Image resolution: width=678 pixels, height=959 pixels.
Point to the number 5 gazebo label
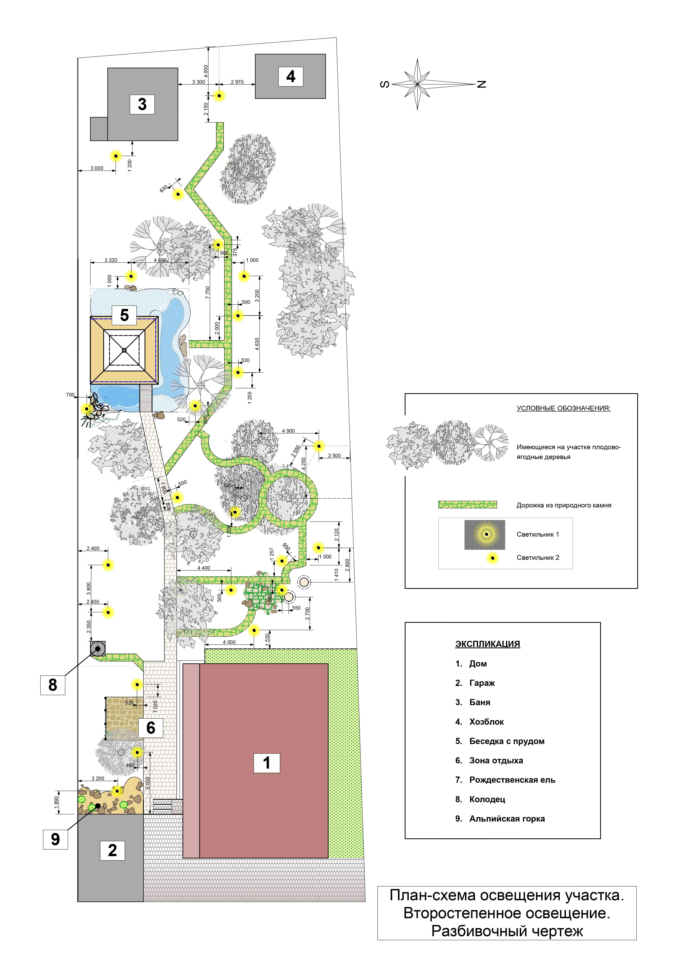pos(124,315)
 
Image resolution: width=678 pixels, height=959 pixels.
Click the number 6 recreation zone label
pos(151,728)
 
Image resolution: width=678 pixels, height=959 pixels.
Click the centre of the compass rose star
pos(417,84)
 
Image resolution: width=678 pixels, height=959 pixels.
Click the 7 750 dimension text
pos(208,292)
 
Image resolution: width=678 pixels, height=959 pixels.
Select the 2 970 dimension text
pos(237,82)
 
